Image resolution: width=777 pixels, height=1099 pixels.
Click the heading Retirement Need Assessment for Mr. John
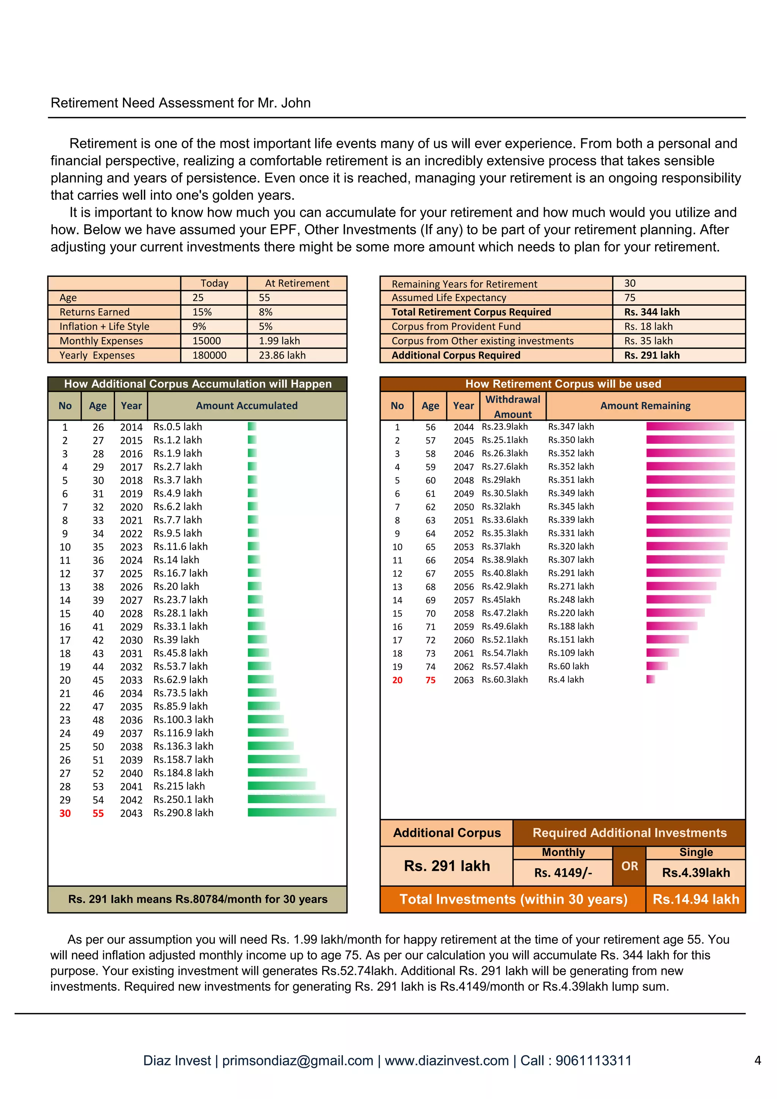[181, 103]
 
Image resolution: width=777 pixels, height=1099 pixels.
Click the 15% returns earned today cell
[202, 312]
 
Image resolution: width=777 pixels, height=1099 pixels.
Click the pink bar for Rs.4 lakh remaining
[650, 679]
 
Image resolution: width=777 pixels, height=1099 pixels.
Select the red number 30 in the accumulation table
[65, 813]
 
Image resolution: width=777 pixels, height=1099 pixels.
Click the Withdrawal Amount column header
[512, 407]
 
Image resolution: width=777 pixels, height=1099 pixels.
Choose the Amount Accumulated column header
[247, 406]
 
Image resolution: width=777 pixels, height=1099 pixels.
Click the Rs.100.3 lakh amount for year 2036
[183, 719]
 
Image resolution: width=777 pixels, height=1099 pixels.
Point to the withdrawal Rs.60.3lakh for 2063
[505, 680]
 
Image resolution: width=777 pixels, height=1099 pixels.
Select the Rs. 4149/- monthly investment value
[563, 873]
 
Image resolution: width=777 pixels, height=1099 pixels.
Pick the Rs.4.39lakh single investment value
[695, 873]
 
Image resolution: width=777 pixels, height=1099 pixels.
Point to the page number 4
[757, 1060]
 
